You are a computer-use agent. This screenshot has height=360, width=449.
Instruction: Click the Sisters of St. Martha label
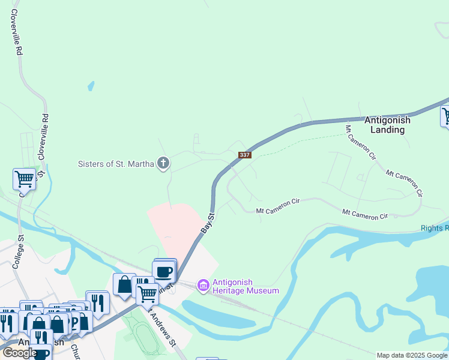[116, 164]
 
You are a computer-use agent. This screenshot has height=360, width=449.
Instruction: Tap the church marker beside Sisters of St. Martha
[163, 163]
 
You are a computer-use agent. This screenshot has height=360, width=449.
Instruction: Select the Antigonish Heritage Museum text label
[246, 287]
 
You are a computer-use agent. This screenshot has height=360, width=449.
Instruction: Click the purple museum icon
[203, 285]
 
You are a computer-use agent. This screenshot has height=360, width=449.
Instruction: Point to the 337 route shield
[244, 155]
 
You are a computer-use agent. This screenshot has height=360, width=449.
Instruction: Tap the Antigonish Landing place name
[388, 125]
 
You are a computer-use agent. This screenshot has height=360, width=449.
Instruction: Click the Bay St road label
[206, 223]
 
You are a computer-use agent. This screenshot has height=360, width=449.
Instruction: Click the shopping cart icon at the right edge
[445, 115]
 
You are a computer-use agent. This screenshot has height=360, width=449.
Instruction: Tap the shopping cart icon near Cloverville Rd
[24, 178]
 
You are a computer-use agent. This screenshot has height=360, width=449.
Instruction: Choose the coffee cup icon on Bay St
[164, 271]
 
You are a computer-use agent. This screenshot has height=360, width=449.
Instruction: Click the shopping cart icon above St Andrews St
[147, 294]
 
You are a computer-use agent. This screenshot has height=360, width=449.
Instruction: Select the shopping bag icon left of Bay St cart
[124, 284]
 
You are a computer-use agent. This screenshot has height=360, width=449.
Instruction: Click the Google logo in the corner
[20, 353]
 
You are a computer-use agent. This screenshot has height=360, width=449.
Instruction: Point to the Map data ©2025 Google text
[412, 355]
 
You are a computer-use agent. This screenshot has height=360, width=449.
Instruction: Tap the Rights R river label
[435, 228]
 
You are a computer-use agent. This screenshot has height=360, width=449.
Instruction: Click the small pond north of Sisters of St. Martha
[91, 86]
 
